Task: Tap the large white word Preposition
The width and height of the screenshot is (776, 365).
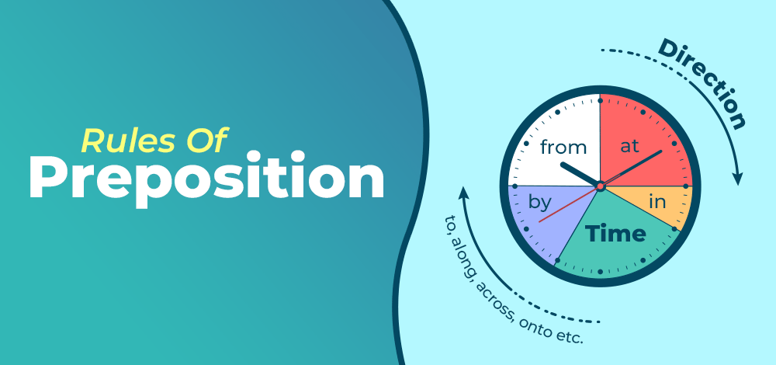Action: tap(206, 179)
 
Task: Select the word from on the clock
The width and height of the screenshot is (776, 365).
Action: tap(563, 147)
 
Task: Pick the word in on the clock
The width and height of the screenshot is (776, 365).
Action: tap(656, 202)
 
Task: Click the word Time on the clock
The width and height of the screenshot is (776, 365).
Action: tap(615, 233)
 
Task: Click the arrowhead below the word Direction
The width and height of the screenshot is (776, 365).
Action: tap(738, 179)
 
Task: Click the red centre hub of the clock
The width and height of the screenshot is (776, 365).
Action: tap(600, 185)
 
